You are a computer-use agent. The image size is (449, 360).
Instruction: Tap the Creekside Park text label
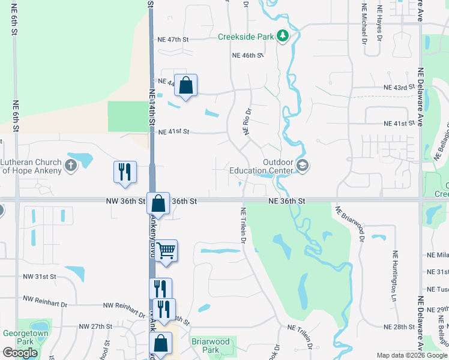246,37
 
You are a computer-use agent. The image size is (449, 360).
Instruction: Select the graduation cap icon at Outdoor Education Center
303,166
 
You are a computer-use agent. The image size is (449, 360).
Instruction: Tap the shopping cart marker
166,250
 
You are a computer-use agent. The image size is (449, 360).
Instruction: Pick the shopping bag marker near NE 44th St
186,86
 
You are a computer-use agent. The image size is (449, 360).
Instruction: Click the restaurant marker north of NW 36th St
125,172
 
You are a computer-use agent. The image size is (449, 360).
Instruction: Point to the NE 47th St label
173,40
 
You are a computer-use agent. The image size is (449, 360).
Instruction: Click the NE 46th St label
248,55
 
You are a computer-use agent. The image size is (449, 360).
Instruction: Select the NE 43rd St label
400,88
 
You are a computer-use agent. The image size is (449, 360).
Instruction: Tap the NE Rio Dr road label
246,121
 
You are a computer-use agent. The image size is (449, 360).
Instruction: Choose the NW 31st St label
39,277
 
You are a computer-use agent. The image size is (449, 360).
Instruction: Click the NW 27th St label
96,326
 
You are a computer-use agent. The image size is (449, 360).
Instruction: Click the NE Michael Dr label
364,24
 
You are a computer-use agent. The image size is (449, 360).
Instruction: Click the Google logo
20,353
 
